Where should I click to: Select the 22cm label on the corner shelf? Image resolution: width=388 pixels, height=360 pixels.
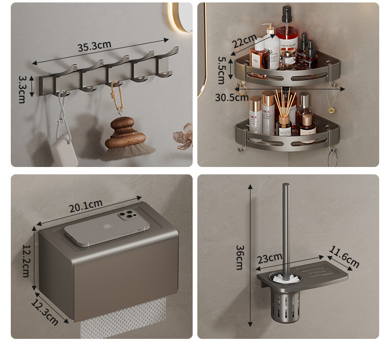tap(244, 41)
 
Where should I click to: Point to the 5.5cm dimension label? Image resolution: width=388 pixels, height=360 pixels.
tap(221, 69)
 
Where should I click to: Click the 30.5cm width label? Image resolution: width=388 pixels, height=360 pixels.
tap(231, 97)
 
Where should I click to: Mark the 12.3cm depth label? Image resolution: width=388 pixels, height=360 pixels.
tap(44, 312)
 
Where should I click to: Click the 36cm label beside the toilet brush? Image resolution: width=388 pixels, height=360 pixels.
tap(239, 257)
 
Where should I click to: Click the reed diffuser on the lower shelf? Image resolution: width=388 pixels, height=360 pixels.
tap(284, 120)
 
